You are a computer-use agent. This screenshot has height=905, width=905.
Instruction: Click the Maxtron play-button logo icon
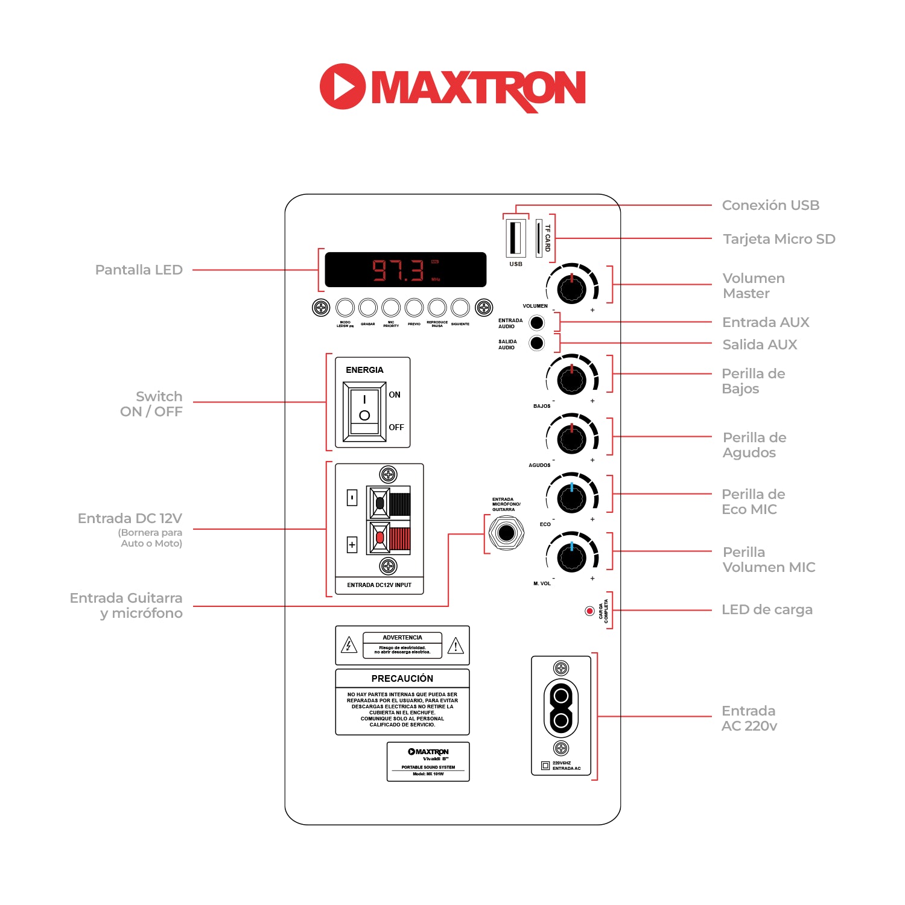[x=342, y=86]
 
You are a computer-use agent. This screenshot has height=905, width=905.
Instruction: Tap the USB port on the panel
[x=515, y=238]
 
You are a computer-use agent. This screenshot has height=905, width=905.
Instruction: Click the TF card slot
[x=539, y=238]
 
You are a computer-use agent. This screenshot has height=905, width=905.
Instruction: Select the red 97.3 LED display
[x=405, y=270]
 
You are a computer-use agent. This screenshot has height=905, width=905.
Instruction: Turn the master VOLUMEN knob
[x=571, y=289]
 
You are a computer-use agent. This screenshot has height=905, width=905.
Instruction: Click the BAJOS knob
[x=571, y=379]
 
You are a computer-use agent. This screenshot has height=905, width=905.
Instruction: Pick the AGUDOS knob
[x=571, y=439]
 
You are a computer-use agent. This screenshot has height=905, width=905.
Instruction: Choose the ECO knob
[x=571, y=498]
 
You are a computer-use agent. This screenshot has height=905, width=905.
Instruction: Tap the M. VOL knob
[x=571, y=557]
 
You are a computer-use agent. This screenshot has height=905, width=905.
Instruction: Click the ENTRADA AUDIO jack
[x=536, y=323]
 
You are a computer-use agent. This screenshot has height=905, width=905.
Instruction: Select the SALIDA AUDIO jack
[x=536, y=343]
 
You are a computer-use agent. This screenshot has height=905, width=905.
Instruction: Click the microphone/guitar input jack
[x=506, y=533]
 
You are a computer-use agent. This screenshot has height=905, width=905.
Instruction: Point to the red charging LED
[x=589, y=611]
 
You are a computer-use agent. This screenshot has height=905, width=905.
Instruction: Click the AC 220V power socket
[x=561, y=708]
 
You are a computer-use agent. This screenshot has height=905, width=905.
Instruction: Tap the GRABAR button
[x=368, y=308]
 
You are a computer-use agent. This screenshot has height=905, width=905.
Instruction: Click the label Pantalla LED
[x=139, y=270]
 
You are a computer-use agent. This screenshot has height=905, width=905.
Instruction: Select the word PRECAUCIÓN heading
[x=402, y=678]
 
